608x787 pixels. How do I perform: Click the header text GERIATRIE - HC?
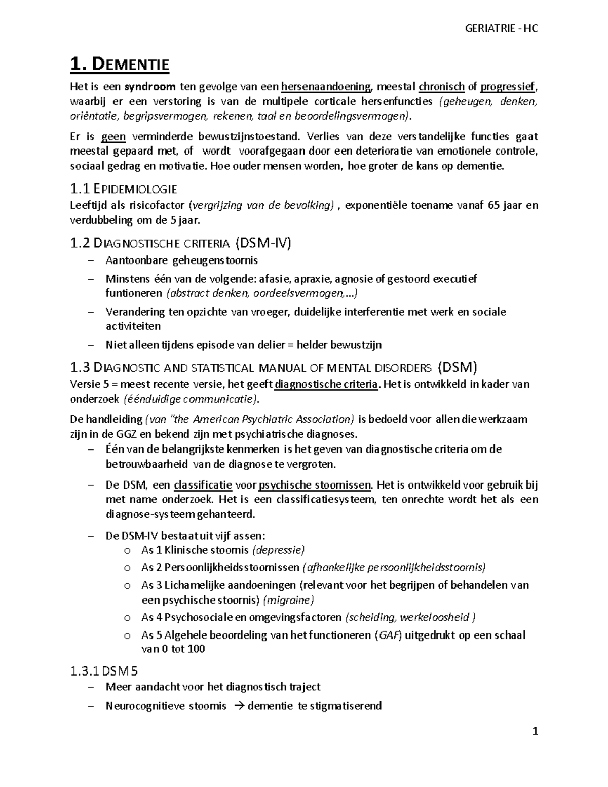pos(501,28)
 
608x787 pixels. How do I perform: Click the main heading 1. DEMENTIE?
pos(120,65)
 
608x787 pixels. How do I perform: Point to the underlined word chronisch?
pos(441,87)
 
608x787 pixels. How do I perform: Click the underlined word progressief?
pos(508,87)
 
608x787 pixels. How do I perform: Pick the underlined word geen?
pos(113,136)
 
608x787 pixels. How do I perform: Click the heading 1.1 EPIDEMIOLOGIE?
pos(123,190)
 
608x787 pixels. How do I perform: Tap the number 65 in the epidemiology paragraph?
pos(493,205)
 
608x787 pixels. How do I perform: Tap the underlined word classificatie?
pos(203,485)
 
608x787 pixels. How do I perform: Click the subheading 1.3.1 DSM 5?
pos(104,671)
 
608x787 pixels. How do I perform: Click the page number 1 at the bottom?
pos(535,732)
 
